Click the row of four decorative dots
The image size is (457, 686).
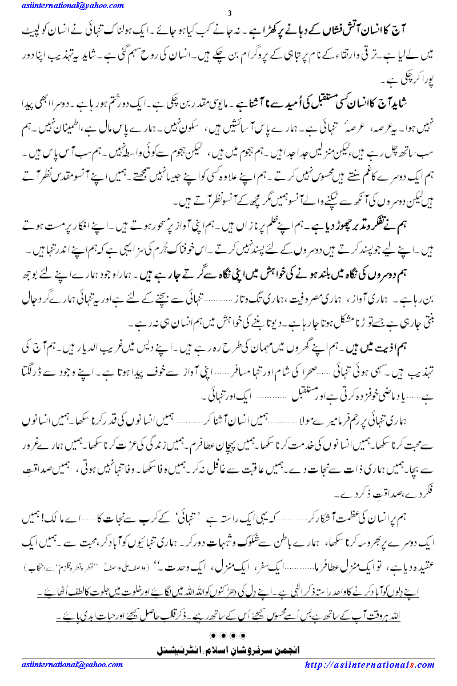point(228,635)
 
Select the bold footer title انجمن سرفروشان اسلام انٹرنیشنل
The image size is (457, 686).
point(228,650)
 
